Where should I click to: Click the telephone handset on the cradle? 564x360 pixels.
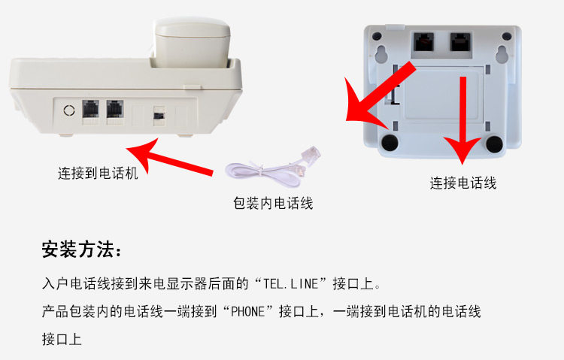click(x=193, y=42)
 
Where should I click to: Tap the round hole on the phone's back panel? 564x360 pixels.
click(x=69, y=110)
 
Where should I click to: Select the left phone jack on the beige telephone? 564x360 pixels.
click(x=91, y=109)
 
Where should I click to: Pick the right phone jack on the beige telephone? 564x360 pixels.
click(x=115, y=109)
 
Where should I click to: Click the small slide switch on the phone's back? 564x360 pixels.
click(x=159, y=116)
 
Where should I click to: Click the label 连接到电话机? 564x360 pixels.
click(x=98, y=174)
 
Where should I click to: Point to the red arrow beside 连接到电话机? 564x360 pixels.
click(x=169, y=159)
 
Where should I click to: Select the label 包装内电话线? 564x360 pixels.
click(x=273, y=203)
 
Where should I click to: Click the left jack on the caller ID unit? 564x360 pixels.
click(x=423, y=42)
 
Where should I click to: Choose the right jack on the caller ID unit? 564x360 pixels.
click(x=460, y=42)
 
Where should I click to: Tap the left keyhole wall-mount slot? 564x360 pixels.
click(x=381, y=54)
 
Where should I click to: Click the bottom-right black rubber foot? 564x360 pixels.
click(x=495, y=143)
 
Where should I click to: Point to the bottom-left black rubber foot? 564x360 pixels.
click(x=390, y=142)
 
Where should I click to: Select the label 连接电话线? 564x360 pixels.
click(x=463, y=183)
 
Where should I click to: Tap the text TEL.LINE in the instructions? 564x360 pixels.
click(x=290, y=284)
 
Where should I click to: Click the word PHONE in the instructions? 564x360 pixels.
click(x=247, y=311)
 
